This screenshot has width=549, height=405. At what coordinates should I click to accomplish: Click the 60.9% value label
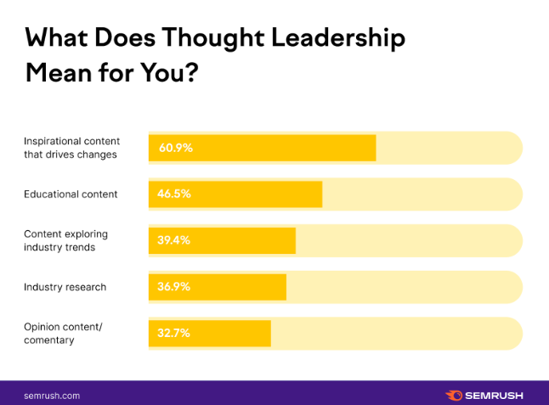175,148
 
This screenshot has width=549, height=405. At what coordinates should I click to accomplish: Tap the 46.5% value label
174,194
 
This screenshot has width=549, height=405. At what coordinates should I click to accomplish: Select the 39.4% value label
173,240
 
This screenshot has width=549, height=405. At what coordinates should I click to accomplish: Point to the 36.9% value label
173,287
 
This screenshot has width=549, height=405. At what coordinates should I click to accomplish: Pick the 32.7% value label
173,333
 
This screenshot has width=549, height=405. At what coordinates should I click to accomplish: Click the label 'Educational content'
71,194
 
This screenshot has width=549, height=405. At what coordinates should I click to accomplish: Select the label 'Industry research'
65,287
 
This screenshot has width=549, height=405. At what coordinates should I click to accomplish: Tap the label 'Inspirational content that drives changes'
72,148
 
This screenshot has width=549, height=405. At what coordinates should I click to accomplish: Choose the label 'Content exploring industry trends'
66,240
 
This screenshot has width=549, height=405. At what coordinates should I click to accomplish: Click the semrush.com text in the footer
52,395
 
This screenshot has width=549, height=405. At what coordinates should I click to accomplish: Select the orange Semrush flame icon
454,395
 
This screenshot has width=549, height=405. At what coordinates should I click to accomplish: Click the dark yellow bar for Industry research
246,287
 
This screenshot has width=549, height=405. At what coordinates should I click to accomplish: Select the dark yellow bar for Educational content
263,194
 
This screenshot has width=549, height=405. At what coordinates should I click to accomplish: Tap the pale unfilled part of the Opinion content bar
395,333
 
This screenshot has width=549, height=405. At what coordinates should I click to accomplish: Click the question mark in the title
191,72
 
